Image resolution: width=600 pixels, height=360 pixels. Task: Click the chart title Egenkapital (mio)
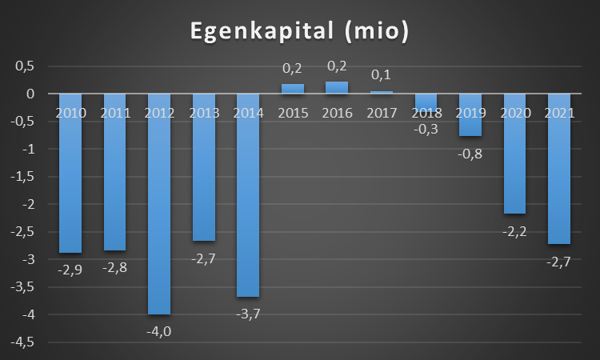pyautogui.click(x=299, y=31)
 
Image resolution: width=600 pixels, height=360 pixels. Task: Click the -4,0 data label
pyautogui.click(x=159, y=330)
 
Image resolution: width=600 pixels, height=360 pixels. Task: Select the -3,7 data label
pyautogui.click(x=248, y=313)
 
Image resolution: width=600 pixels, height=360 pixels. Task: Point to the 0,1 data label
pyautogui.click(x=381, y=76)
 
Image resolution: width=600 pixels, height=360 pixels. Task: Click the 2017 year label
pyautogui.click(x=381, y=113)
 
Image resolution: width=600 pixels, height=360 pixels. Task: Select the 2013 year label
pyautogui.click(x=204, y=113)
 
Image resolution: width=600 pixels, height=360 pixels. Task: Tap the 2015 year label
pyautogui.click(x=293, y=113)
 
